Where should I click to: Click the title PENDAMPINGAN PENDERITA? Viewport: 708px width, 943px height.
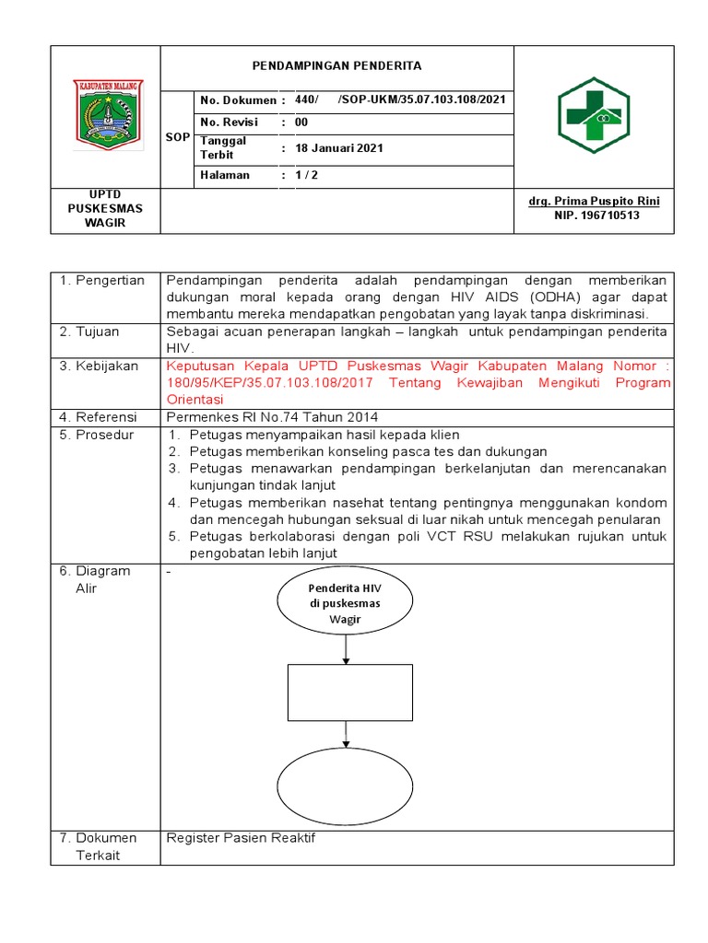tap(336, 66)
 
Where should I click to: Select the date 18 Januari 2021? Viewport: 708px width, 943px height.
tap(338, 147)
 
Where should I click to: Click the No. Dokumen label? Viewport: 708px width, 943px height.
tap(237, 99)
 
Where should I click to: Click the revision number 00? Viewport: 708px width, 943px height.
tap(301, 122)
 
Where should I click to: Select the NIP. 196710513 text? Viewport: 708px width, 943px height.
tap(596, 215)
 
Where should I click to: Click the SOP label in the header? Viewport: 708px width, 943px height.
tap(177, 137)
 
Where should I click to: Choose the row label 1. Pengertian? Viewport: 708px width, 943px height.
tap(102, 280)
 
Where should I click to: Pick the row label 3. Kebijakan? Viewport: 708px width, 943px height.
tap(100, 366)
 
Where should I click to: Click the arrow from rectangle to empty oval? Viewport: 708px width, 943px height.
tap(346, 735)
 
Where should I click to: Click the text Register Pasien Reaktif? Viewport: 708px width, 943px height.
tap(241, 838)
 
